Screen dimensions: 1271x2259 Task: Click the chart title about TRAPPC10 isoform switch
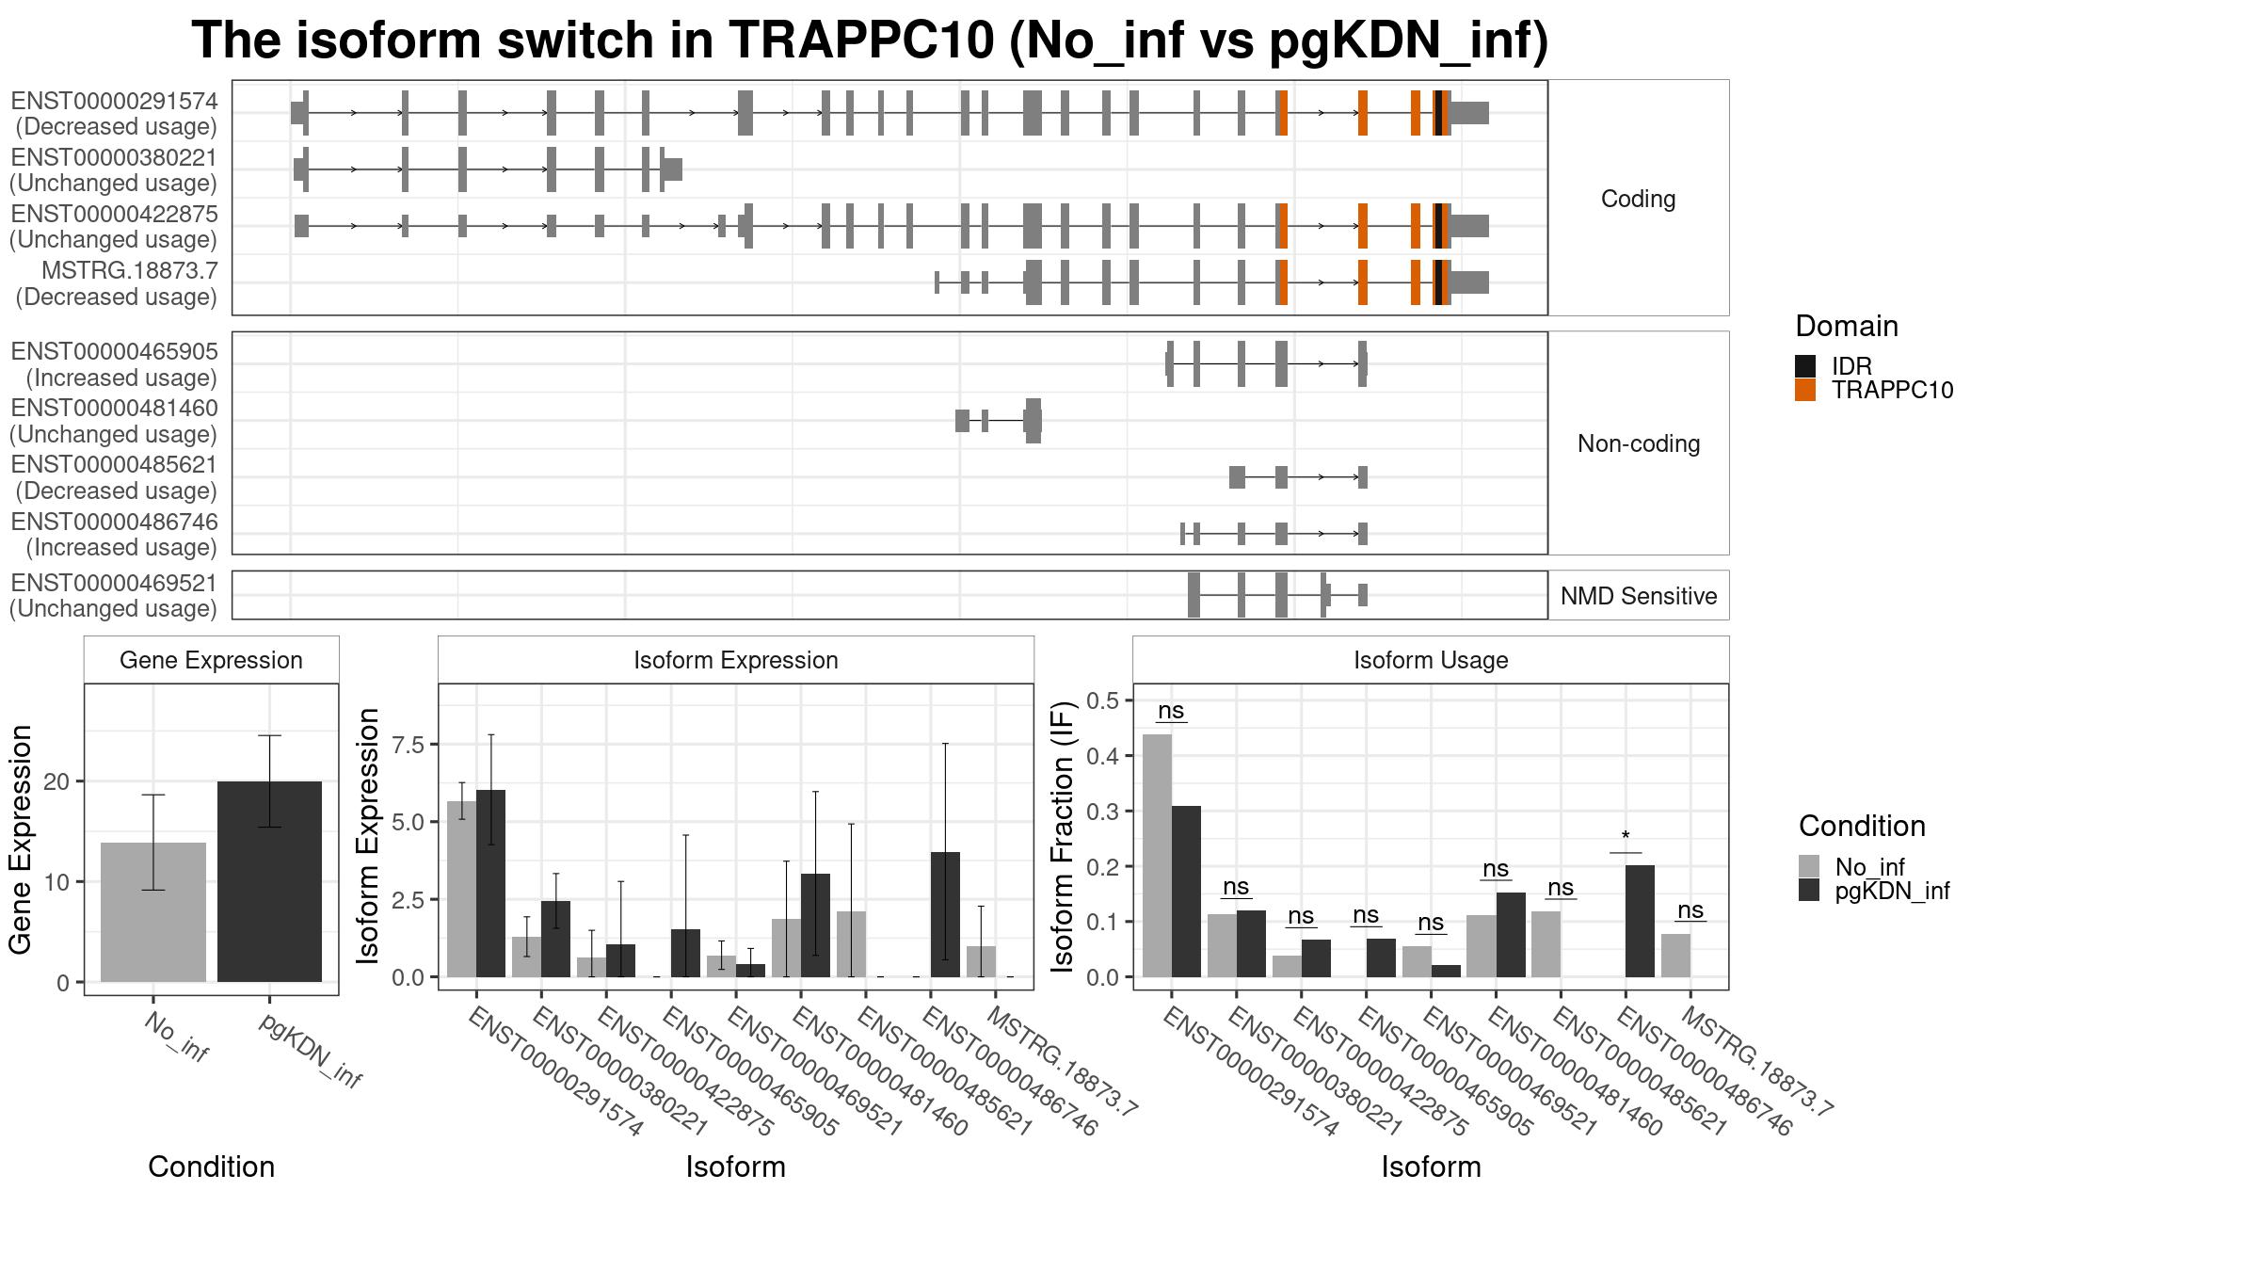point(870,41)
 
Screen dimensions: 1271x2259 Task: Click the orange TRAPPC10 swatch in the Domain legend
point(1804,391)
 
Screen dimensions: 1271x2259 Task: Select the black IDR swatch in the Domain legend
point(1804,366)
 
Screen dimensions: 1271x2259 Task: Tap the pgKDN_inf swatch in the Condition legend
point(1808,891)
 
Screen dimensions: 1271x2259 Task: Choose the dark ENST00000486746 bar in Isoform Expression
point(945,914)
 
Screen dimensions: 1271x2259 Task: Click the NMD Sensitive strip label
point(1638,596)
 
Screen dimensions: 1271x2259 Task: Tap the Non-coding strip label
point(1638,443)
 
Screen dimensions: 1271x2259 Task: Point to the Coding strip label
point(1638,199)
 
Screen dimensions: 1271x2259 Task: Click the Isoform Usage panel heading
point(1431,660)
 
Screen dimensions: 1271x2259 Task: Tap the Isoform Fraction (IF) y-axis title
point(1063,836)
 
